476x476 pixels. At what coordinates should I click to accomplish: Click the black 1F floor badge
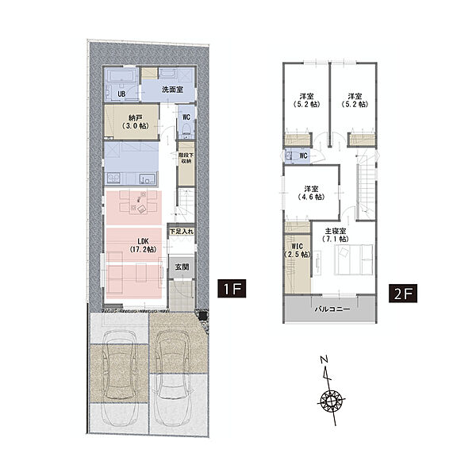232,289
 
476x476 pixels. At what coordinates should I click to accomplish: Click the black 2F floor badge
403,294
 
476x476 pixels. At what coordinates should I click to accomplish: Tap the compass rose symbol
332,402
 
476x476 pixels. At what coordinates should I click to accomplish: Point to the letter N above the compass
324,360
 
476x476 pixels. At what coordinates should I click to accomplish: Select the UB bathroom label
121,94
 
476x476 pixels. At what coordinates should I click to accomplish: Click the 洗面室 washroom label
172,90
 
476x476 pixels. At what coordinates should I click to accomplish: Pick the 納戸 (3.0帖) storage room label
136,121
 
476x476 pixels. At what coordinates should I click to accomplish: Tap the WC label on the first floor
186,117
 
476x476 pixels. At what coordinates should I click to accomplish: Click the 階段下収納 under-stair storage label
186,158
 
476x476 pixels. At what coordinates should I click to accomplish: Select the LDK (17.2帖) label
144,245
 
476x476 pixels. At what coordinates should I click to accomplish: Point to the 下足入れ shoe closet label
181,232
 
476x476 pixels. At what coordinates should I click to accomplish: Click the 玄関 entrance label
182,267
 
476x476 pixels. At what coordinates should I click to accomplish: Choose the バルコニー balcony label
332,309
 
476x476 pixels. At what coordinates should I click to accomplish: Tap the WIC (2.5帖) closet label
297,251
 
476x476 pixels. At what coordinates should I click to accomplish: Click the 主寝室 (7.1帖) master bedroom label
335,235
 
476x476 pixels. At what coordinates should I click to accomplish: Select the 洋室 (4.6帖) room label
312,193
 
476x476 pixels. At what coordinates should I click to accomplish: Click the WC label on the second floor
304,155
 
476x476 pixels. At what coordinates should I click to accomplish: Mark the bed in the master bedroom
354,260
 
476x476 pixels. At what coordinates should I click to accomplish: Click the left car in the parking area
119,377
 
